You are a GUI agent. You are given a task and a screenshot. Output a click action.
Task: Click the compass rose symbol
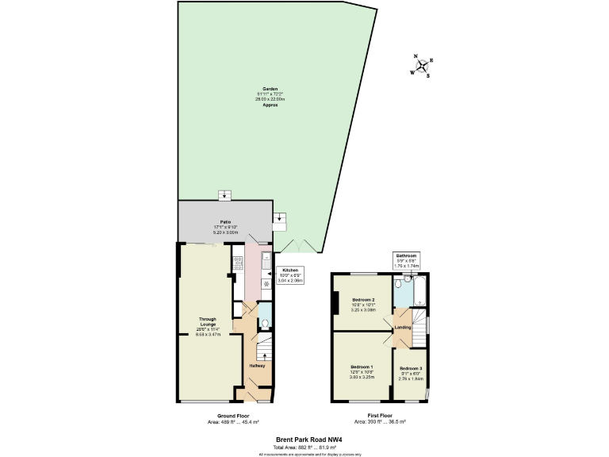[x=421, y=67]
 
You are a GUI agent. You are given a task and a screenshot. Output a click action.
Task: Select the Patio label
[x=225, y=227]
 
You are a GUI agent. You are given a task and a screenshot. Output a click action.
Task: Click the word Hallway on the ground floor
[x=258, y=365]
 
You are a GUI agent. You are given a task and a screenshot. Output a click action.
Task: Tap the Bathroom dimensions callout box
[x=407, y=259]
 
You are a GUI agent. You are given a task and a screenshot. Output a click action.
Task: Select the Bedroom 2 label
[x=363, y=302]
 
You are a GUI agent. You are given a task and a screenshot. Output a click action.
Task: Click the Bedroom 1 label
[x=361, y=369]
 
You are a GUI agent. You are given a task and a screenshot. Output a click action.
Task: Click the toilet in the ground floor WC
[x=265, y=322]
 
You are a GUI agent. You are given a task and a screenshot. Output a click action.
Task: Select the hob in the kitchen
[x=237, y=263]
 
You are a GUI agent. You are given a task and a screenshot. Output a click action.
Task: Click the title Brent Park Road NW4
[x=304, y=438]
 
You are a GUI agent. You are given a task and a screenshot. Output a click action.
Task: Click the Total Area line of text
[x=304, y=446]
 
